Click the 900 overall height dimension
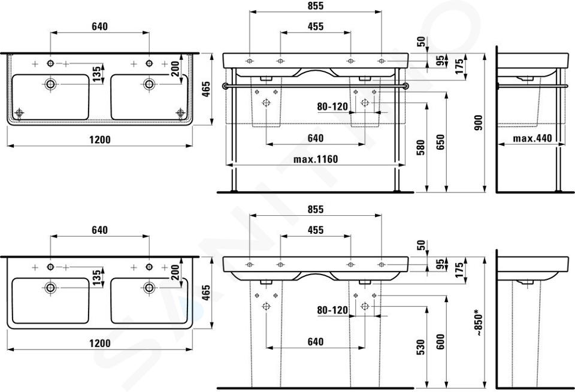coord(478,123)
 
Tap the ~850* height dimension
coord(478,323)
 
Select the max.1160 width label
coord(316,159)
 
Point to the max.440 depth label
coord(532,138)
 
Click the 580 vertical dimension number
coord(420,147)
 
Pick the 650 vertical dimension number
coord(440,142)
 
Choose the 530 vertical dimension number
coord(420,347)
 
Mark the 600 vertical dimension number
coord(440,342)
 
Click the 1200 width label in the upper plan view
coord(100,140)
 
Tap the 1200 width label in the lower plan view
coord(100,343)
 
